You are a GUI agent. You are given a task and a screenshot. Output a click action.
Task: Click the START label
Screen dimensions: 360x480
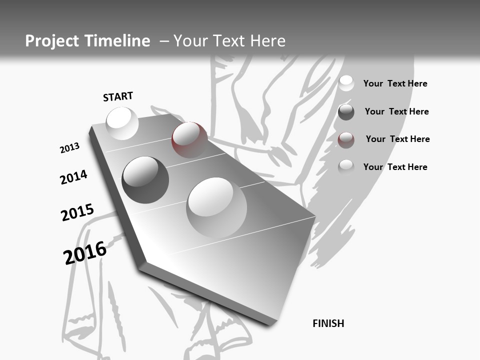[118, 96]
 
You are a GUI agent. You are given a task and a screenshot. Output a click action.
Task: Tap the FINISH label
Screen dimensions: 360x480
[328, 323]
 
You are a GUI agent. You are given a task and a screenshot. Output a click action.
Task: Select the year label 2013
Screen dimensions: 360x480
[69, 147]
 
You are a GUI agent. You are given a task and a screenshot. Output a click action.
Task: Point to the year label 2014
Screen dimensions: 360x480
[73, 177]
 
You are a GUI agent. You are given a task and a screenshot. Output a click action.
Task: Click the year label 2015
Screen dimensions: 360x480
[77, 212]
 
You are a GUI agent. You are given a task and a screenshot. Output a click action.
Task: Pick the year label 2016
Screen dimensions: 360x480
[85, 252]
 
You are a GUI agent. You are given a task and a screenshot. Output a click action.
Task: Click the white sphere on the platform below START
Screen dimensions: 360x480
[122, 123]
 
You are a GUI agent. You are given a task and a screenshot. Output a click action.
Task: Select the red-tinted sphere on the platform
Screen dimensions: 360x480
[189, 140]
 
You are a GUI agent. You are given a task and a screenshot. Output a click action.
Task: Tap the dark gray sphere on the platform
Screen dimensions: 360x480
[145, 180]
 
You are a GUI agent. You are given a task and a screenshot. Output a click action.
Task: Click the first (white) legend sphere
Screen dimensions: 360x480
[346, 83]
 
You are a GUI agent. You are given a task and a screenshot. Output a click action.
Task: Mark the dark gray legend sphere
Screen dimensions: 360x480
[346, 112]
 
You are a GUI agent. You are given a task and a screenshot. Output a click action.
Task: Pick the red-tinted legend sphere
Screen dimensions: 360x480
[346, 140]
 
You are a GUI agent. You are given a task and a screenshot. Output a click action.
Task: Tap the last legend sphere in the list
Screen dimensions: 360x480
[346, 167]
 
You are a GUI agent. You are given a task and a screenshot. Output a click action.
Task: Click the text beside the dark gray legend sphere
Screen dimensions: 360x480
[396, 111]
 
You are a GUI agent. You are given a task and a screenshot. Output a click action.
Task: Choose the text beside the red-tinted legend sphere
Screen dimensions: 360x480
[397, 139]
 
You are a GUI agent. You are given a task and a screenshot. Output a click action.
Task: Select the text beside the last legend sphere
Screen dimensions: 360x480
[395, 167]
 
